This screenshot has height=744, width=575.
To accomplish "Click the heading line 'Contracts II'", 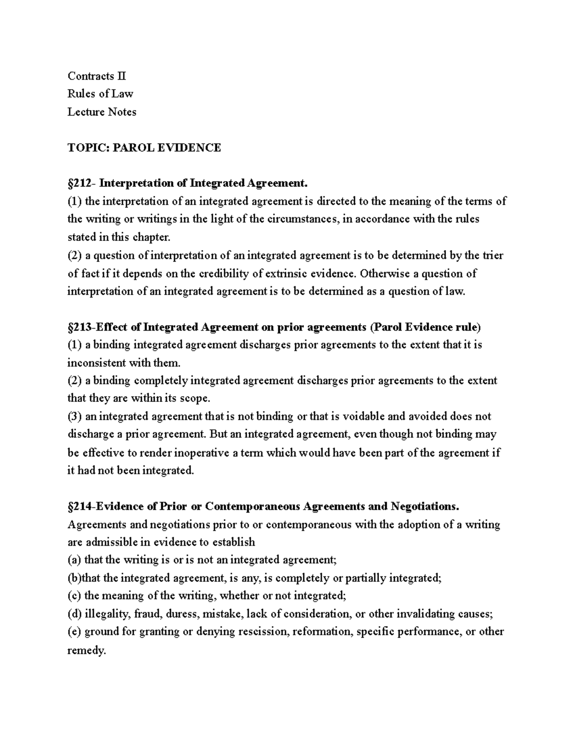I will point(97,76).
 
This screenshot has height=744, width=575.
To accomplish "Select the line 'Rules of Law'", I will point(100,94).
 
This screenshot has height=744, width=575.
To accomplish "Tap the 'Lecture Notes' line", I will point(102,112).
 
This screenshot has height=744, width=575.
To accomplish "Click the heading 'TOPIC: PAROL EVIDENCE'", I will point(144,148).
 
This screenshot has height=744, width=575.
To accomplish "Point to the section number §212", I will point(81,183).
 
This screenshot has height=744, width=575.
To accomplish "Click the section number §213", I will point(81,327).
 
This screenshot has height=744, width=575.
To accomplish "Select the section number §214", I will point(81,506).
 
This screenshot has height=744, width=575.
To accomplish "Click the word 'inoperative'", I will point(202,453).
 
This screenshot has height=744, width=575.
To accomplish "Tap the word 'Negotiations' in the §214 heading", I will point(425,506).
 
